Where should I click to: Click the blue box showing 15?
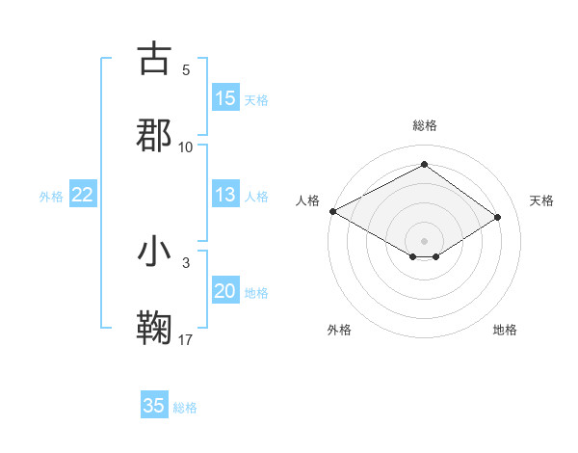tap(225, 98)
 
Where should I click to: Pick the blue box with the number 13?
tap(225, 195)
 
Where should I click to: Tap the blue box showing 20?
tap(225, 291)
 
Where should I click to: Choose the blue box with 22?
tap(83, 195)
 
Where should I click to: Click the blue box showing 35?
tap(154, 406)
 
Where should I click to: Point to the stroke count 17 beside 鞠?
tap(186, 339)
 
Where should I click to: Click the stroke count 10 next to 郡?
tap(186, 147)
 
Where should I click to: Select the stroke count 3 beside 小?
tap(186, 262)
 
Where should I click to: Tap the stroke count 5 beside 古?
tap(186, 69)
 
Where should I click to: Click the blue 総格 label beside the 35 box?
tap(185, 408)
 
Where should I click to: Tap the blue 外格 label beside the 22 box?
tap(51, 197)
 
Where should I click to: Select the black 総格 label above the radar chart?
tap(424, 125)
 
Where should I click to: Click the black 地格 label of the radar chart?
tap(505, 330)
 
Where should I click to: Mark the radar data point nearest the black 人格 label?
tap(332, 211)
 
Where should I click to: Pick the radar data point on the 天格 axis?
tap(498, 217)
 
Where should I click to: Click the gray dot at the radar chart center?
tap(424, 240)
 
